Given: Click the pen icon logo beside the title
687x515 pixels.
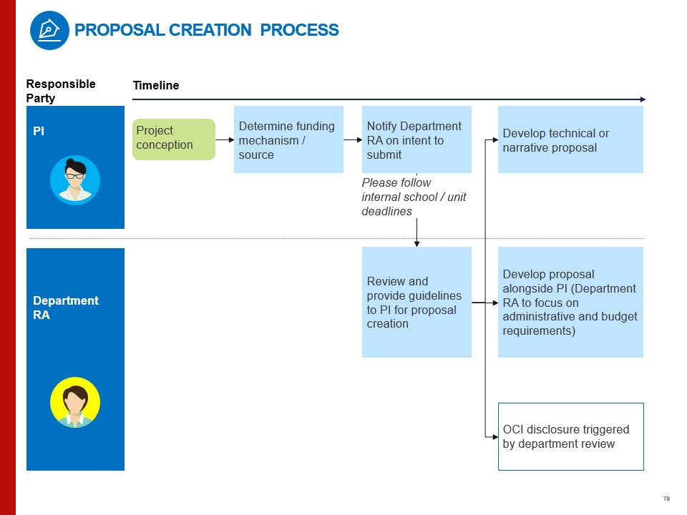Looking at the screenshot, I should [x=49, y=31].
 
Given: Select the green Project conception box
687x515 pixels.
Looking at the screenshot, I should [x=174, y=139].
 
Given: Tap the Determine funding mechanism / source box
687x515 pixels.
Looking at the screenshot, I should [x=288, y=139].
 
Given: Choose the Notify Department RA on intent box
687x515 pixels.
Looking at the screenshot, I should [x=416, y=139].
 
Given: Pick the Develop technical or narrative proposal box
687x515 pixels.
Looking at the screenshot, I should [x=570, y=139].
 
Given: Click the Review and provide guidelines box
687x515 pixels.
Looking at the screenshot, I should [x=416, y=302].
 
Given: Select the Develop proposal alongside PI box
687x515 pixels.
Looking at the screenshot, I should [x=570, y=302].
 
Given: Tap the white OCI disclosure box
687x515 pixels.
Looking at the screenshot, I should [x=570, y=436].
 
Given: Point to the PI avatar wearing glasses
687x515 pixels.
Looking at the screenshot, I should [x=75, y=180].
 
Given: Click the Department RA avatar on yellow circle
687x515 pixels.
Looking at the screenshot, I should [x=75, y=403].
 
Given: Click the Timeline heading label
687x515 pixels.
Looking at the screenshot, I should [x=156, y=86].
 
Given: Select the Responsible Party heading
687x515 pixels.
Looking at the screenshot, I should [x=60, y=91].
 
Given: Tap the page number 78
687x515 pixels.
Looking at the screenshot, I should [x=666, y=499].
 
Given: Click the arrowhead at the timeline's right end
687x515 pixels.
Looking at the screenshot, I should [x=643, y=99].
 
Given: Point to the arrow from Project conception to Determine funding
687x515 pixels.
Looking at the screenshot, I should [x=225, y=139].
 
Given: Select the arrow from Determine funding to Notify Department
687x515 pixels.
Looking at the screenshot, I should [x=353, y=139].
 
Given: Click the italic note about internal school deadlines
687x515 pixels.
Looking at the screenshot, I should [x=414, y=197].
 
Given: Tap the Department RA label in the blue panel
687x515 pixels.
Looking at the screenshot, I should [x=66, y=308].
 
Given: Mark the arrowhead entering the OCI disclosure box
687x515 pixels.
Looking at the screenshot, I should [x=494, y=436].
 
